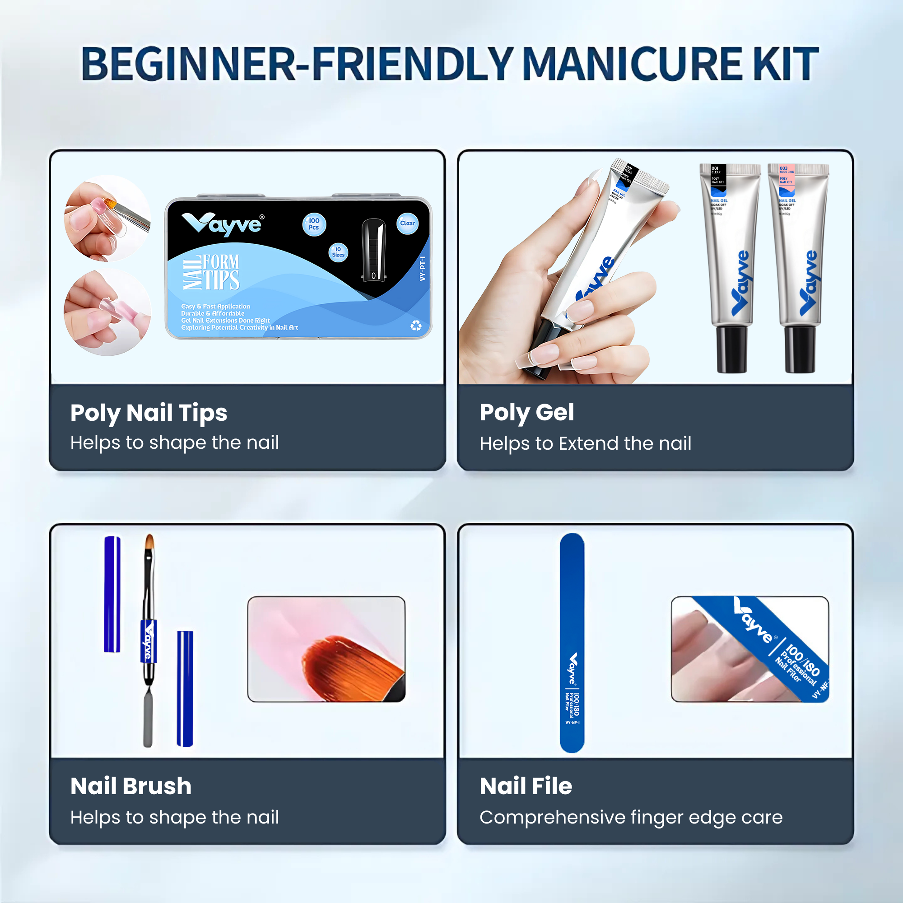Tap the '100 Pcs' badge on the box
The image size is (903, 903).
coord(314,224)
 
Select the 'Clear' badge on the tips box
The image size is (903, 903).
coord(407,223)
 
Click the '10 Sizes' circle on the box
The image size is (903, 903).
coord(338,252)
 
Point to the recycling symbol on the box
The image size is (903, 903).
coord(415,326)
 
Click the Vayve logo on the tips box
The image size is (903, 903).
coord(223,224)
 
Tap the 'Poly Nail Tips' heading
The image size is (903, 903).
coord(149,413)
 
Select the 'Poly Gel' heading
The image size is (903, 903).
coord(526,413)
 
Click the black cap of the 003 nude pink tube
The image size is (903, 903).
coord(800,349)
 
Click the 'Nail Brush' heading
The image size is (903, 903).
coord(131,786)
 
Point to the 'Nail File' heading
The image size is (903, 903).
coord(526,786)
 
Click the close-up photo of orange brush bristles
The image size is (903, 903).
coord(326,649)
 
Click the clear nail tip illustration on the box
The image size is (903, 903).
coord(374,250)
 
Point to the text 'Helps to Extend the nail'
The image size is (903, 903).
coord(585,443)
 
